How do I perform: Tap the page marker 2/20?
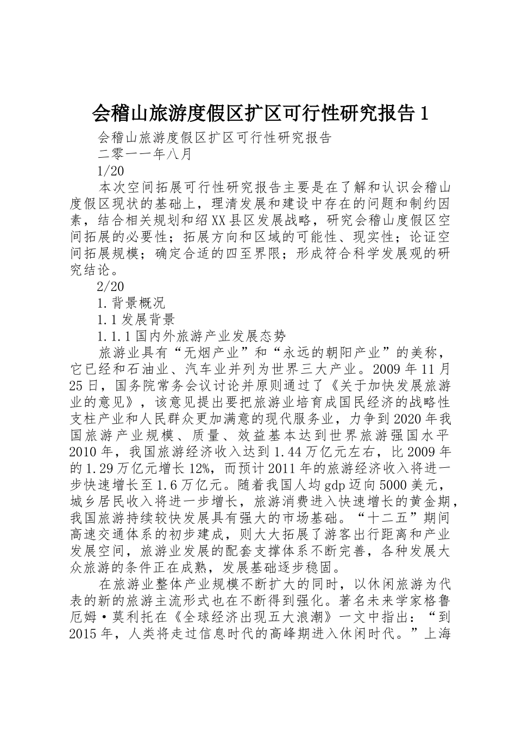click(x=110, y=286)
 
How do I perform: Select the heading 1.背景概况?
click(x=130, y=302)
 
